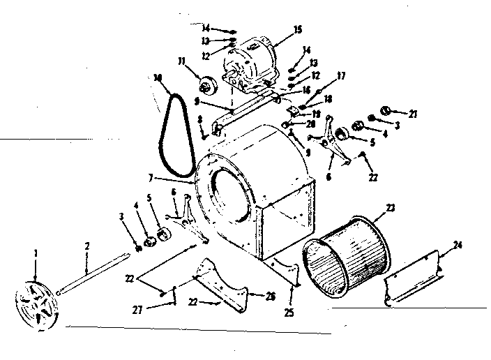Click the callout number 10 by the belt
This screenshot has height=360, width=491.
[x=158, y=77]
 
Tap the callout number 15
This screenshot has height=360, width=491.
[x=298, y=30]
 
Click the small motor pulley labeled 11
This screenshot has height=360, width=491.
[x=206, y=87]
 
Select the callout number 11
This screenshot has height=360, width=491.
[x=183, y=62]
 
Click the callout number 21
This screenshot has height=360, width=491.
[x=413, y=114]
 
